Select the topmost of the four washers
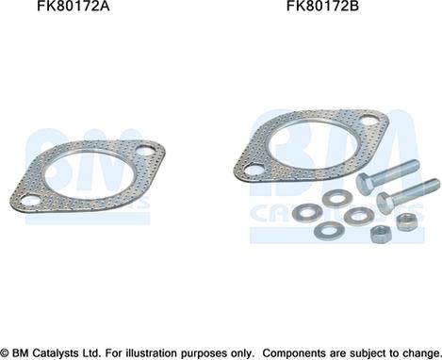[336, 199]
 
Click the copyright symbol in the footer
[7, 351]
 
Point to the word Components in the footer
[303, 351]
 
